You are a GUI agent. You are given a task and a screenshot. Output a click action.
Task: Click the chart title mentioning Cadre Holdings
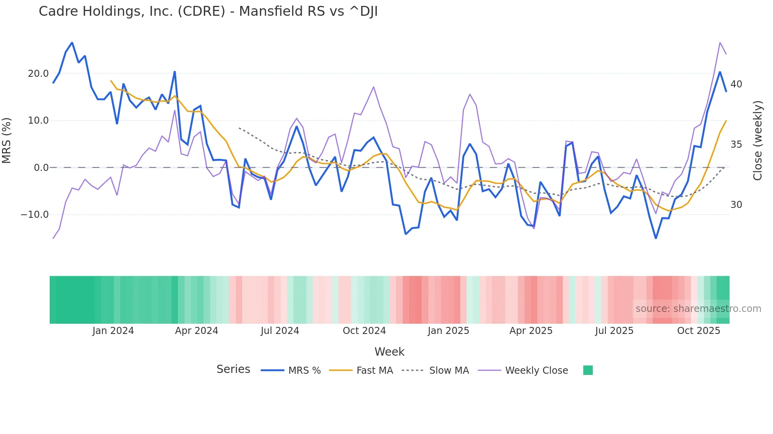pos(208,11)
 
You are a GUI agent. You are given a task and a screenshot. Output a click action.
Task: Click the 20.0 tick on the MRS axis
pos(38,74)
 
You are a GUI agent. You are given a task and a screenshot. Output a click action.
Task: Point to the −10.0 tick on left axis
pos(35,215)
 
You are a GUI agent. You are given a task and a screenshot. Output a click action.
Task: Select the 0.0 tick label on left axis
pos(41,168)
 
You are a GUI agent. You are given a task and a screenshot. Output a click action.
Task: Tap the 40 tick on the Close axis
pos(736,84)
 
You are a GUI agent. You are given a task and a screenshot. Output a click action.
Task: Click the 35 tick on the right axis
pos(736,145)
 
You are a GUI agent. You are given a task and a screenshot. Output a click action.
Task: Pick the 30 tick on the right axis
pos(736,205)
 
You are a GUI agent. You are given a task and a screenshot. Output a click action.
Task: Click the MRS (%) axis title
pos(7,140)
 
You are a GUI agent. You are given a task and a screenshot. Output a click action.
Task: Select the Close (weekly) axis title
pos(757,141)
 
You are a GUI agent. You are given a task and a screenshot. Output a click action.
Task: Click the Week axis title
pos(389,352)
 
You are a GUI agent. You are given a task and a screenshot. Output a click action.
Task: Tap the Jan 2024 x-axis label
pos(113,331)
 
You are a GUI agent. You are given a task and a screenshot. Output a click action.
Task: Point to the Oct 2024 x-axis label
pos(364,331)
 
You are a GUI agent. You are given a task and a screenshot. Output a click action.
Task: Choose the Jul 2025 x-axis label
pos(614,331)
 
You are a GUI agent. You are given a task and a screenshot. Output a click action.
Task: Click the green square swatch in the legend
pos(588,370)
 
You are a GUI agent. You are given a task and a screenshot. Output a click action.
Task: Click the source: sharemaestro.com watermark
pos(698,309)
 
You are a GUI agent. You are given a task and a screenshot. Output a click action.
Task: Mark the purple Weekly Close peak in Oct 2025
pos(720,43)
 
